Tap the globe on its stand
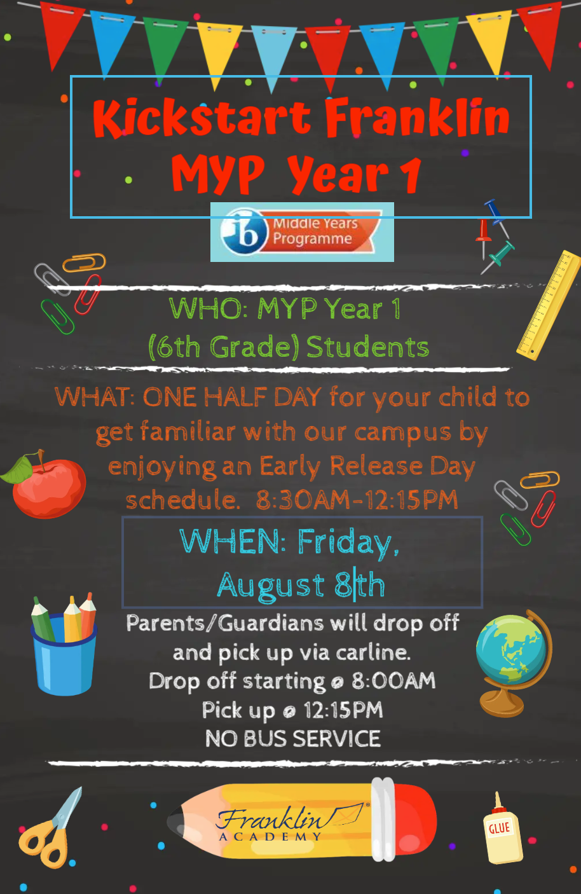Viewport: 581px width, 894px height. coord(514,663)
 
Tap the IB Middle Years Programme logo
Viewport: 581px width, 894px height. coord(302,232)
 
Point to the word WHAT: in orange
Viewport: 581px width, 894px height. coord(95,397)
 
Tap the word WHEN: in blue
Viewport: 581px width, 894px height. coord(233,541)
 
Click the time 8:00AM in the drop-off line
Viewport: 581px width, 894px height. coord(393,681)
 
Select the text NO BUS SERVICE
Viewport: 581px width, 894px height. coord(293,738)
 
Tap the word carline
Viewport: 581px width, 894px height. coord(373,653)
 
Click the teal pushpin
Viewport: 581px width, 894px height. coord(499,257)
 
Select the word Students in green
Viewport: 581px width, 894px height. coord(367,347)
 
